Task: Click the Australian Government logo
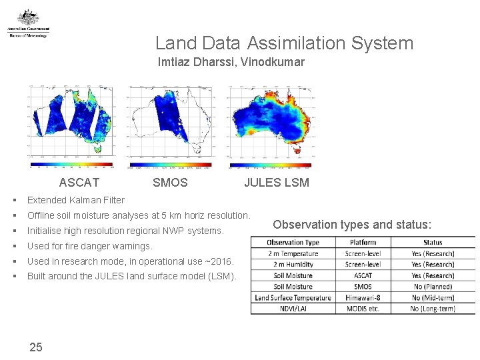[28, 24]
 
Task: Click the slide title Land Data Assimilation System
[284, 43]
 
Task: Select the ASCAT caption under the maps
[79, 183]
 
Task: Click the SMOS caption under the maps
[170, 183]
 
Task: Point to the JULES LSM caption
[276, 183]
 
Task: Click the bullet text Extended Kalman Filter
[75, 200]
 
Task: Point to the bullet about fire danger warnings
[89, 246]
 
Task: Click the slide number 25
[36, 347]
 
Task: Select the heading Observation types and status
[352, 224]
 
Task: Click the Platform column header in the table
[363, 243]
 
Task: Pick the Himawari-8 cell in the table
[363, 297]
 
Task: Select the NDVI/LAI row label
[293, 309]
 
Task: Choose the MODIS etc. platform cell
[363, 309]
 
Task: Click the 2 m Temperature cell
[293, 253]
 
